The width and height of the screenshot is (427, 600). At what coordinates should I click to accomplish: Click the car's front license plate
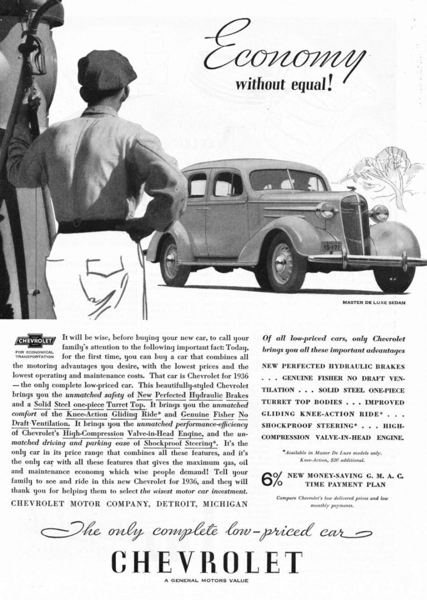coord(331,246)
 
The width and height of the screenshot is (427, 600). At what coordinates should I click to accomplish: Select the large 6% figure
coord(274,478)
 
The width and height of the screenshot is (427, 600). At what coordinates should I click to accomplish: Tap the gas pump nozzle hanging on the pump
coord(35,60)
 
